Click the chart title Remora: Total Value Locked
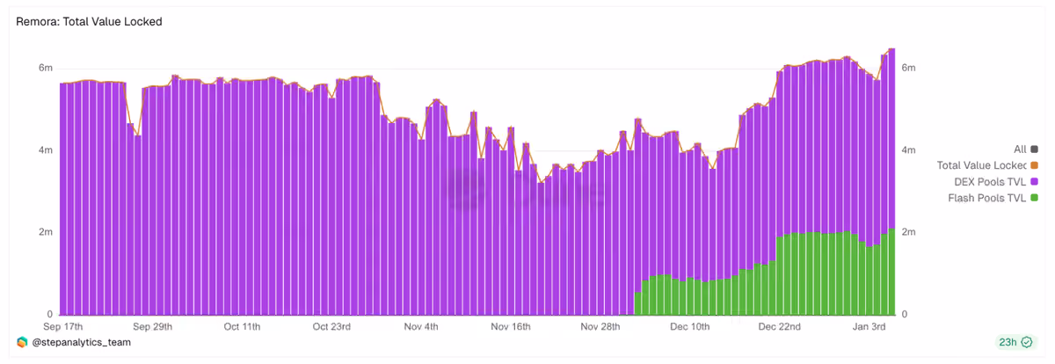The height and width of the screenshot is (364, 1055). (x=89, y=22)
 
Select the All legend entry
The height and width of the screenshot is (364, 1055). (x=1025, y=149)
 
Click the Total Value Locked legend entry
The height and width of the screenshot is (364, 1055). (x=987, y=165)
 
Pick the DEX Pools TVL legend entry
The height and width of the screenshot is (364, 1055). (x=995, y=182)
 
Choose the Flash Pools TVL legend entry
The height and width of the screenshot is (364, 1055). (x=993, y=198)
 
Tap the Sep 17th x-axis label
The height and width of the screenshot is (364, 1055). (x=62, y=326)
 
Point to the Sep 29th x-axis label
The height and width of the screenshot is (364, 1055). (x=153, y=326)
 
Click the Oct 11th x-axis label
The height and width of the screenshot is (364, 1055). (x=242, y=326)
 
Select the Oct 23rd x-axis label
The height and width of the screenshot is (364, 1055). (x=331, y=326)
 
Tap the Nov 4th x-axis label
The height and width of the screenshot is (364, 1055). (x=421, y=326)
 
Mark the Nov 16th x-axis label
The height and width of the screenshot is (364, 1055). (x=511, y=326)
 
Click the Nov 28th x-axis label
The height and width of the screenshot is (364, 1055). (x=600, y=326)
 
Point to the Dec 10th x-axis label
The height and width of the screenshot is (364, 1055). (x=689, y=326)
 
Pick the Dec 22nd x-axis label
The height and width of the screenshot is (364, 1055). (x=779, y=326)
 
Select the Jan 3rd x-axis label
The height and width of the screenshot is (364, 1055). (x=869, y=326)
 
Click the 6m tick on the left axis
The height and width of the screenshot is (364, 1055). (x=46, y=68)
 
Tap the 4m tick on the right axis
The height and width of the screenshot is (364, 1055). (x=908, y=149)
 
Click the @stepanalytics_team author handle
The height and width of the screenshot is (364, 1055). (x=81, y=342)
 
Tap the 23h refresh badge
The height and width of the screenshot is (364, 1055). (x=1016, y=342)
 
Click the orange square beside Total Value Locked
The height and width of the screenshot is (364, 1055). (x=1034, y=165)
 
